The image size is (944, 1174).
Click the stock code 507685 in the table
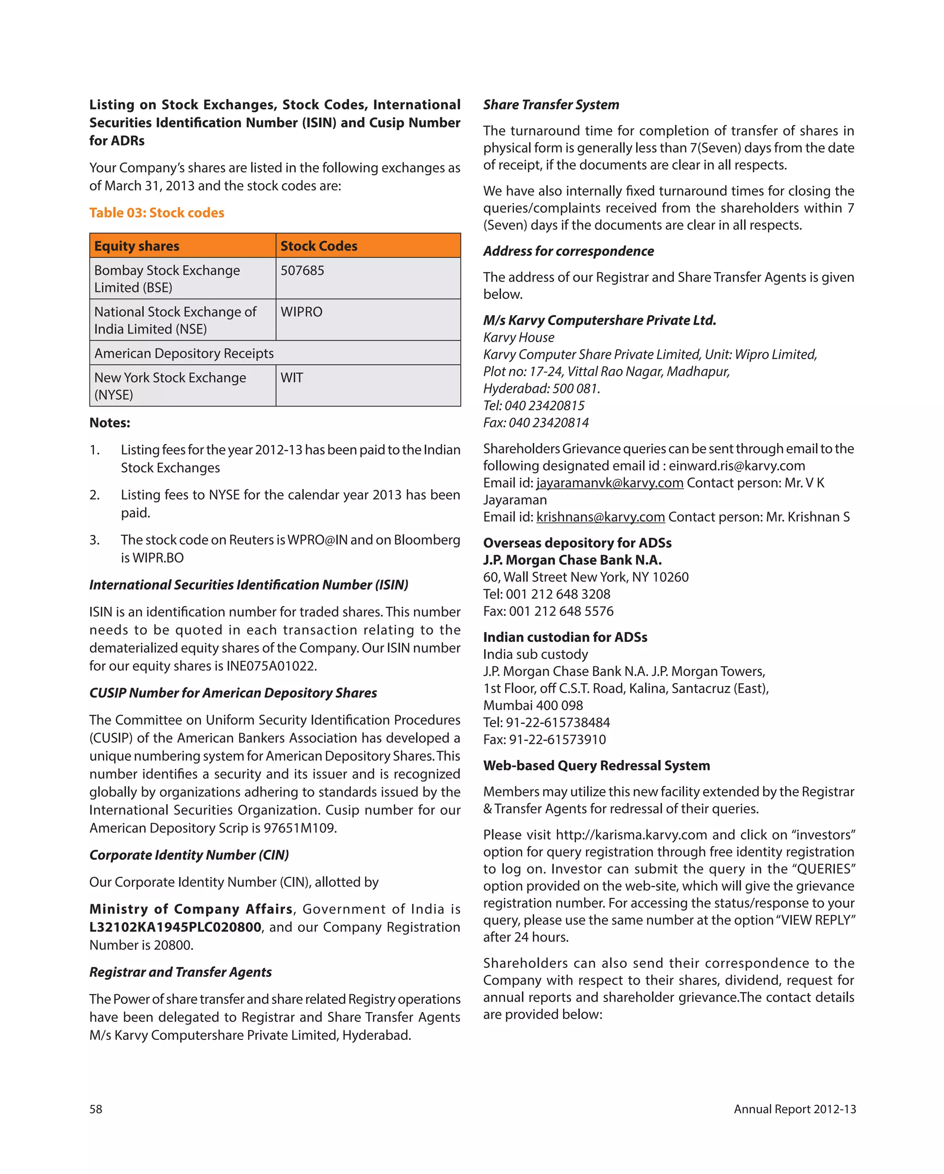tap(302, 271)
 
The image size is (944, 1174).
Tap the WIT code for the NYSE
tap(292, 378)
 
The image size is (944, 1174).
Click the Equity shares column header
tap(136, 246)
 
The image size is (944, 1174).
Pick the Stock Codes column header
tap(319, 246)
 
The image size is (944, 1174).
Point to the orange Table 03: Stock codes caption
tap(157, 213)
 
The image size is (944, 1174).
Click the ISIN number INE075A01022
tap(271, 666)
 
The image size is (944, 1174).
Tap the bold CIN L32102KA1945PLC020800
tap(175, 927)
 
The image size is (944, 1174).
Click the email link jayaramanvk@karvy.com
tap(610, 483)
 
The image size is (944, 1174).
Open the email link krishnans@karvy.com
tap(601, 517)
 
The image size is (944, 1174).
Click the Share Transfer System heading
tap(551, 105)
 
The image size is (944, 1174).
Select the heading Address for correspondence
tap(568, 251)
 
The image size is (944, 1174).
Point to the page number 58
tap(96, 1109)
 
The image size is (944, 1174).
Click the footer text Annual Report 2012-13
tap(794, 1109)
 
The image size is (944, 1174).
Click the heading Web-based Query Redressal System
tap(596, 765)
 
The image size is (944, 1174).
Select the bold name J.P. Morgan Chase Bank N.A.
tap(572, 560)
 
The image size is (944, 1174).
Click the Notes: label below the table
tap(110, 423)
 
